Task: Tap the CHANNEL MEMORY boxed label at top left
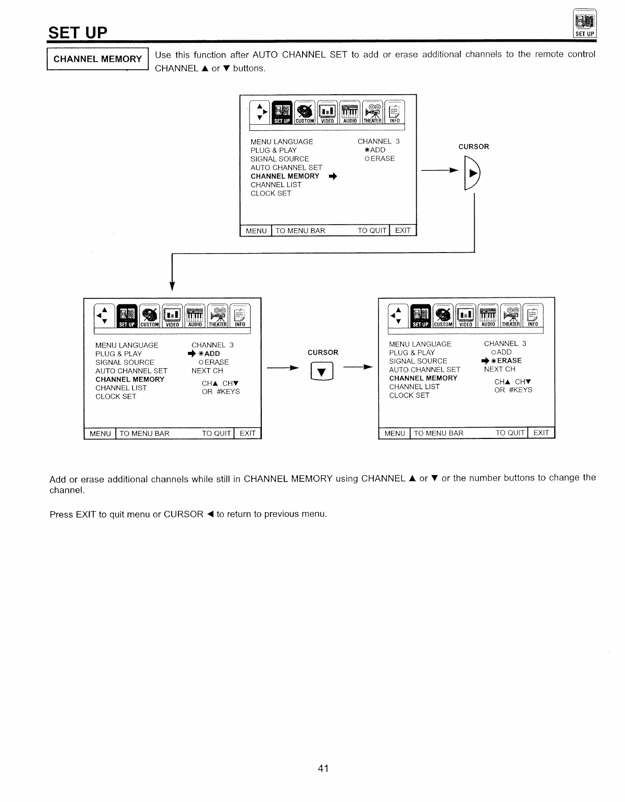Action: (x=97, y=59)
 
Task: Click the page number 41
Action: (x=323, y=768)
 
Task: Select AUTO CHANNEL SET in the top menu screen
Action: (x=286, y=168)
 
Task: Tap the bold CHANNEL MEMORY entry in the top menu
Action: (x=285, y=176)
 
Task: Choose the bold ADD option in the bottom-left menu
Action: (x=211, y=353)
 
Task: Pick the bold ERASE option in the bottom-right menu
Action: (x=509, y=361)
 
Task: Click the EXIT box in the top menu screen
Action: (x=403, y=231)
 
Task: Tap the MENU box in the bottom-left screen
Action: (x=100, y=434)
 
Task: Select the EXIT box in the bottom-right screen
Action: (x=541, y=433)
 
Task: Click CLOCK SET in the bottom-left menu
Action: (x=116, y=397)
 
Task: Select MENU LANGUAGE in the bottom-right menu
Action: (x=420, y=344)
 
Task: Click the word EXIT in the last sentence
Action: (x=86, y=514)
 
